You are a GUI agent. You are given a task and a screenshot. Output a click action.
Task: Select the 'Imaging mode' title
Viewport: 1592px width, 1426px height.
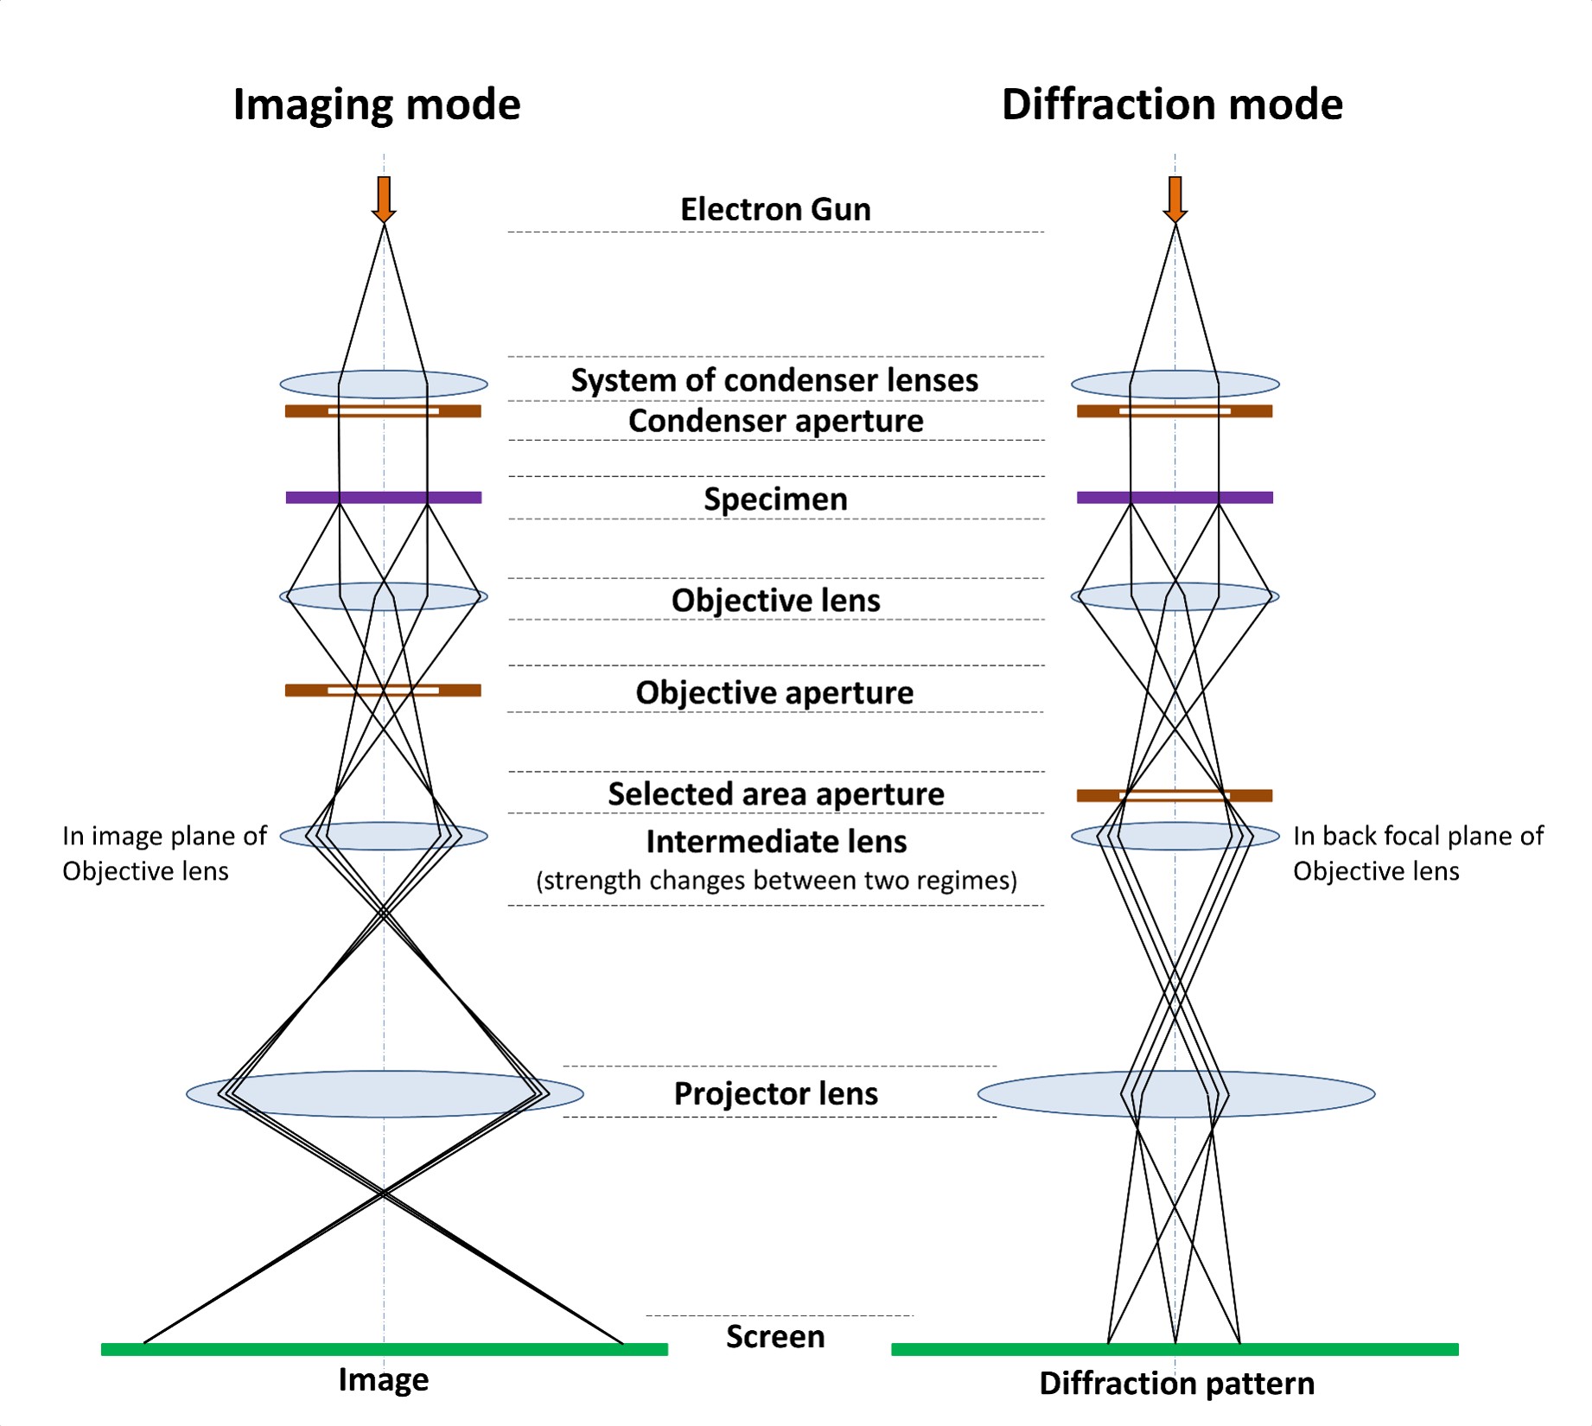pyautogui.click(x=377, y=105)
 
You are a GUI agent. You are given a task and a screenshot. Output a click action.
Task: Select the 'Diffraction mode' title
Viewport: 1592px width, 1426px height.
pyautogui.click(x=1172, y=105)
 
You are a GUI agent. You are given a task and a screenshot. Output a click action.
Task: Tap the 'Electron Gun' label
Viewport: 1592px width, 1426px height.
pyautogui.click(x=775, y=209)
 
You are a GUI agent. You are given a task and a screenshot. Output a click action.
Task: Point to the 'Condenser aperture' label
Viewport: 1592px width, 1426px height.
pyautogui.click(x=775, y=421)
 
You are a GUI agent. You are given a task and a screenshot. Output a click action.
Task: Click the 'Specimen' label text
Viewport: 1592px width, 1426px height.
pyautogui.click(x=775, y=499)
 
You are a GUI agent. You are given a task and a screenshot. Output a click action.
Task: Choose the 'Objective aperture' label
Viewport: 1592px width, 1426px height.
pyautogui.click(x=774, y=692)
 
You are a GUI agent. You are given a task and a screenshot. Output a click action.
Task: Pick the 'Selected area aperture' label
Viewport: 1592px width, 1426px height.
pyautogui.click(x=775, y=793)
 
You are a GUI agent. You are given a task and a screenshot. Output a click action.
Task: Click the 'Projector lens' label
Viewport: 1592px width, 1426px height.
pyautogui.click(x=775, y=1093)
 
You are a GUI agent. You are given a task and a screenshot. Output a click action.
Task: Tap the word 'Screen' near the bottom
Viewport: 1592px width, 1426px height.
pyautogui.click(x=775, y=1336)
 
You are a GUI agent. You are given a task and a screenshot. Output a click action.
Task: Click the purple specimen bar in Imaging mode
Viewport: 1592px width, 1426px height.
pyautogui.click(x=384, y=497)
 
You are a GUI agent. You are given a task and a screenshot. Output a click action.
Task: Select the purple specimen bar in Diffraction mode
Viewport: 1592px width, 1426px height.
pyautogui.click(x=1175, y=497)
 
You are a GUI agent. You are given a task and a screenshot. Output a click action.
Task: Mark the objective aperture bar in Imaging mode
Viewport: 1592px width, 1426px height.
pyautogui.click(x=302, y=690)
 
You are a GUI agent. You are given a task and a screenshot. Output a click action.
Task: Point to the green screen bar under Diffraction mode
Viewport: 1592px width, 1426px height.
pyautogui.click(x=1175, y=1349)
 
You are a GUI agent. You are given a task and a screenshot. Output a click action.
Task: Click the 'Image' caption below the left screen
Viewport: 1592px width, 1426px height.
pyautogui.click(x=383, y=1379)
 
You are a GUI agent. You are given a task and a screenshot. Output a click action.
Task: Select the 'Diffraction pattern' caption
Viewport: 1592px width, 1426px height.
pyautogui.click(x=1176, y=1383)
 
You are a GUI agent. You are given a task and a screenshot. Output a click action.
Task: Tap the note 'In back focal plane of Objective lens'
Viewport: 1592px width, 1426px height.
pyautogui.click(x=1417, y=853)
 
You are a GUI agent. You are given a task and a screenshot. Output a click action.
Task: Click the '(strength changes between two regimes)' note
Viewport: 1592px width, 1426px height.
pyautogui.click(x=776, y=881)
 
